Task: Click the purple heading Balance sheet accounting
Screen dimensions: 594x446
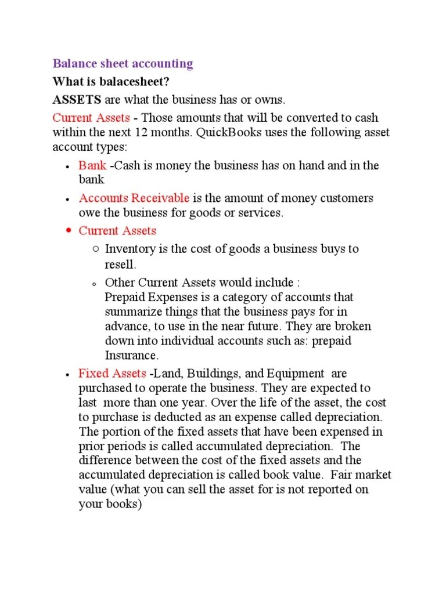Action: click(x=123, y=63)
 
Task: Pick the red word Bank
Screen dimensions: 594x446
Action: click(x=92, y=165)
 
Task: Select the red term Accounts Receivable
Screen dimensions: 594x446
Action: click(x=134, y=198)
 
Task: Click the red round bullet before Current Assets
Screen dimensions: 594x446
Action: click(x=68, y=230)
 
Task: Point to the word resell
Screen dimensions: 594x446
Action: click(x=120, y=265)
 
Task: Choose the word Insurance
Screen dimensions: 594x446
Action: click(x=131, y=355)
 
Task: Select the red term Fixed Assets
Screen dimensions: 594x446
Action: click(x=112, y=373)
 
